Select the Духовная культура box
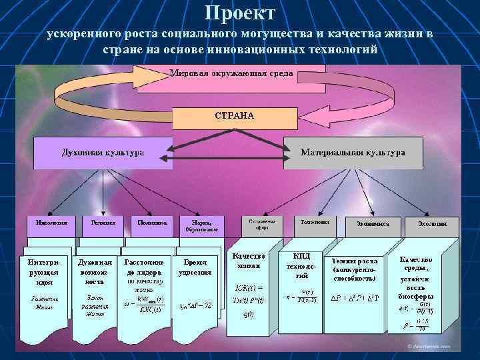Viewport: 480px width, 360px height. tap(103, 153)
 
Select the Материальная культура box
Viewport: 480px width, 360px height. tap(353, 153)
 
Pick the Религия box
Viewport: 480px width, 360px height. tap(103, 223)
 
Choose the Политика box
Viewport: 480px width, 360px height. tap(153, 223)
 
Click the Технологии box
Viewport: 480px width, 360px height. tap(313, 223)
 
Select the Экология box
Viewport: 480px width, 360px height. tap(432, 224)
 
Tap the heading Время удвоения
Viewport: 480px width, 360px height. tap(195, 267)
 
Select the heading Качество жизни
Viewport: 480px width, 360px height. tap(248, 261)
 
